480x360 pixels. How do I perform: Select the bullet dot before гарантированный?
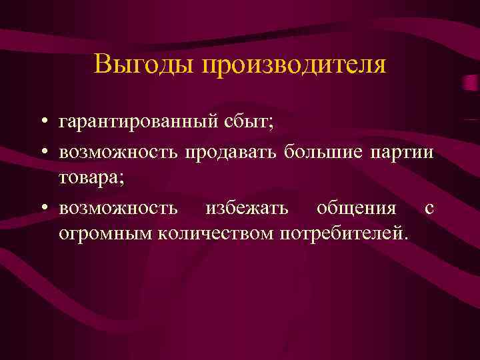[x=42, y=123]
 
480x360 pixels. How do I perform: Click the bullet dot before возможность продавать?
[x=42, y=151]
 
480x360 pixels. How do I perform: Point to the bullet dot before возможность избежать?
[x=42, y=208]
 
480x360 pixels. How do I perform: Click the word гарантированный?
[x=133, y=123]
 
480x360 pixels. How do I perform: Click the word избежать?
[x=247, y=208]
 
